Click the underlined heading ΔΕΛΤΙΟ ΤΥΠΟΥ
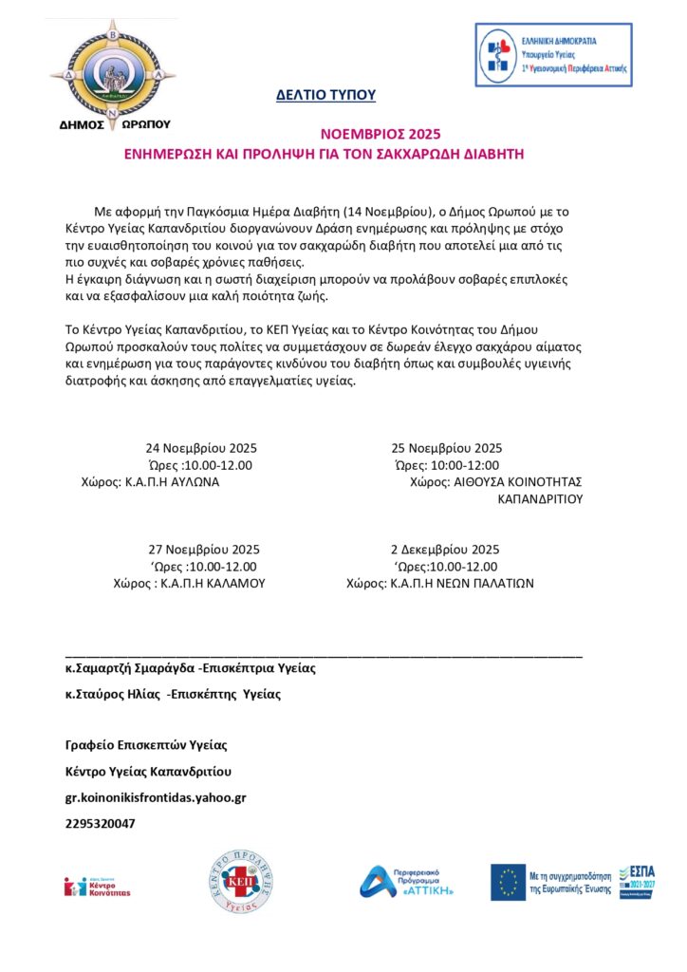[x=325, y=94]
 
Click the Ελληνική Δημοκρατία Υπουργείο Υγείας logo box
[x=554, y=55]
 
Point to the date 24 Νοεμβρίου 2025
[x=201, y=448]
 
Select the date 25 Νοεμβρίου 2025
[x=447, y=448]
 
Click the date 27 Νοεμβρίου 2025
[x=204, y=550]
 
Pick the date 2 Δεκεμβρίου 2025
[x=445, y=550]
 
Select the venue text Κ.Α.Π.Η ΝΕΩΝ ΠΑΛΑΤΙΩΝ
[x=462, y=584]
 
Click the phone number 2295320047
[x=100, y=823]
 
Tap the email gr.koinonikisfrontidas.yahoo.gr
[x=156, y=797]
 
